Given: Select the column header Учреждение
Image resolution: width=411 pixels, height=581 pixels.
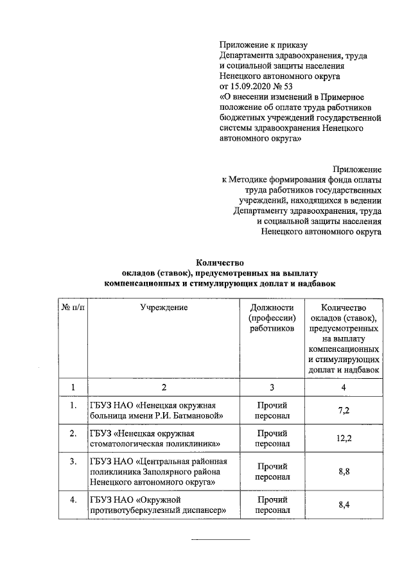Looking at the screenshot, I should tap(164, 308).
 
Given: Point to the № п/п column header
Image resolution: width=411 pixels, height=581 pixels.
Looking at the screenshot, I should tap(73, 308).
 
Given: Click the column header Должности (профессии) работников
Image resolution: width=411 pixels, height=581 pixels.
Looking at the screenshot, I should tap(272, 318).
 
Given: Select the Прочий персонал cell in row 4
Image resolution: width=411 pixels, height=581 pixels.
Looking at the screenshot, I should tap(272, 504).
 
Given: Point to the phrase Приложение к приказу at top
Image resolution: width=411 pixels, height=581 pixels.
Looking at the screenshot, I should tap(263, 45).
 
